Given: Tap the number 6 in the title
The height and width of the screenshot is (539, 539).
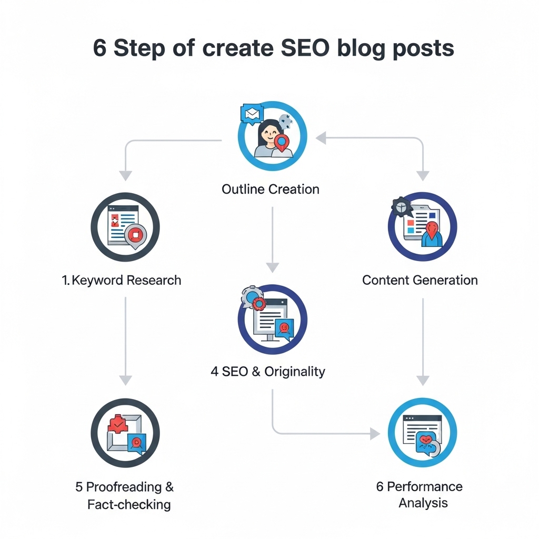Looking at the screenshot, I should (x=99, y=48).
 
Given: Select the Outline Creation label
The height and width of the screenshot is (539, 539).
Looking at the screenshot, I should (x=271, y=189).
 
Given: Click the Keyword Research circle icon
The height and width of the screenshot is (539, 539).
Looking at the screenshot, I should (x=125, y=227).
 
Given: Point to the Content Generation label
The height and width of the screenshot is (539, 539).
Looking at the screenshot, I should (x=420, y=280).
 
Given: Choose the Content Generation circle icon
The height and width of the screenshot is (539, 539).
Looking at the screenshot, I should (x=422, y=227).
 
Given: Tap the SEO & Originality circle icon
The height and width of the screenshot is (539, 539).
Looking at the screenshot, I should (x=272, y=320).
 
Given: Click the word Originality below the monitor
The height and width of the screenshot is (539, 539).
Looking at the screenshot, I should (x=295, y=371).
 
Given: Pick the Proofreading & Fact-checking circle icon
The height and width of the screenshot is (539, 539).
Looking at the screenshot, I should (x=125, y=433).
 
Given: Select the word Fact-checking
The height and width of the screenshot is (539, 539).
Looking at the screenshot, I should (x=129, y=504).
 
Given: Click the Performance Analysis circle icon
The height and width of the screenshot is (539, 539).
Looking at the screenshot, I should (x=422, y=433).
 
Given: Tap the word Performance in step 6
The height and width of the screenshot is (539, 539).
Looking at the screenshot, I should (x=425, y=486).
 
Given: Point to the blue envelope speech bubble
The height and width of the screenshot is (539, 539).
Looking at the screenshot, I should (x=250, y=113).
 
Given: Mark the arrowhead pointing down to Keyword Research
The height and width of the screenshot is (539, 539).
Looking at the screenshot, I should (x=125, y=175).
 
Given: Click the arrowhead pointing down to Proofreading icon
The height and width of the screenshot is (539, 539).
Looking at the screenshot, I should (x=125, y=379).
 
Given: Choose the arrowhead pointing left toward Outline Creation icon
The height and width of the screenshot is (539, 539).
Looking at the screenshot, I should (x=320, y=138).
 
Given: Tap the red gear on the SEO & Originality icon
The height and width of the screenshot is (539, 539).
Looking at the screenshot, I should (x=258, y=303).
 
